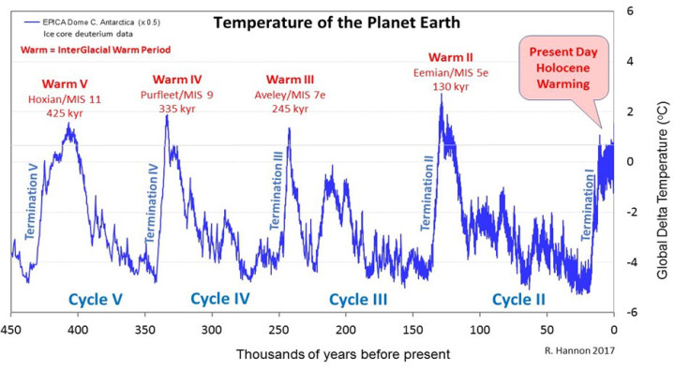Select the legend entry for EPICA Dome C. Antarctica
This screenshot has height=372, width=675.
coord(90,21)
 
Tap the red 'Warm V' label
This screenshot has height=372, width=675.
coord(64,84)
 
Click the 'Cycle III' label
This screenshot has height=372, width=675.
coord(358,300)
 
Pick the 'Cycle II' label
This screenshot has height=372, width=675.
coord(519,300)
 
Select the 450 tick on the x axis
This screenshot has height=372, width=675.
coord(11,329)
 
